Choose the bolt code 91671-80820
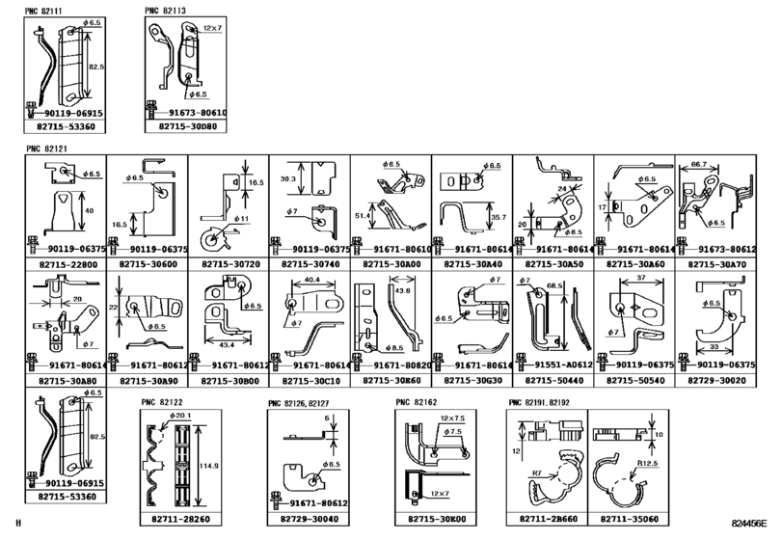pos(395,365)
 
